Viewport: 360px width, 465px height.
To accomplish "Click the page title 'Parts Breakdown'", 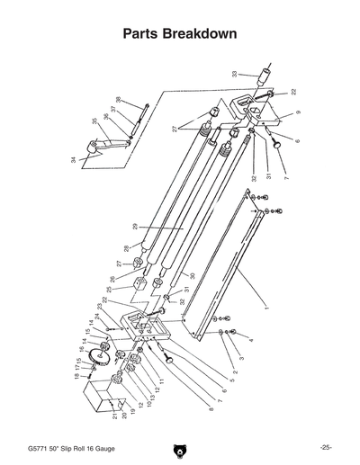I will point(180,34).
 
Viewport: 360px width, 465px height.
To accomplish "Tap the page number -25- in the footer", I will point(325,447).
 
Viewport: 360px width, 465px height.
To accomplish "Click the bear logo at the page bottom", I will point(180,448).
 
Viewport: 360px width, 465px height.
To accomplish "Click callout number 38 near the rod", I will point(118,100).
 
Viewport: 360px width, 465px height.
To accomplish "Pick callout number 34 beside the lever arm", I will point(74,159).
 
